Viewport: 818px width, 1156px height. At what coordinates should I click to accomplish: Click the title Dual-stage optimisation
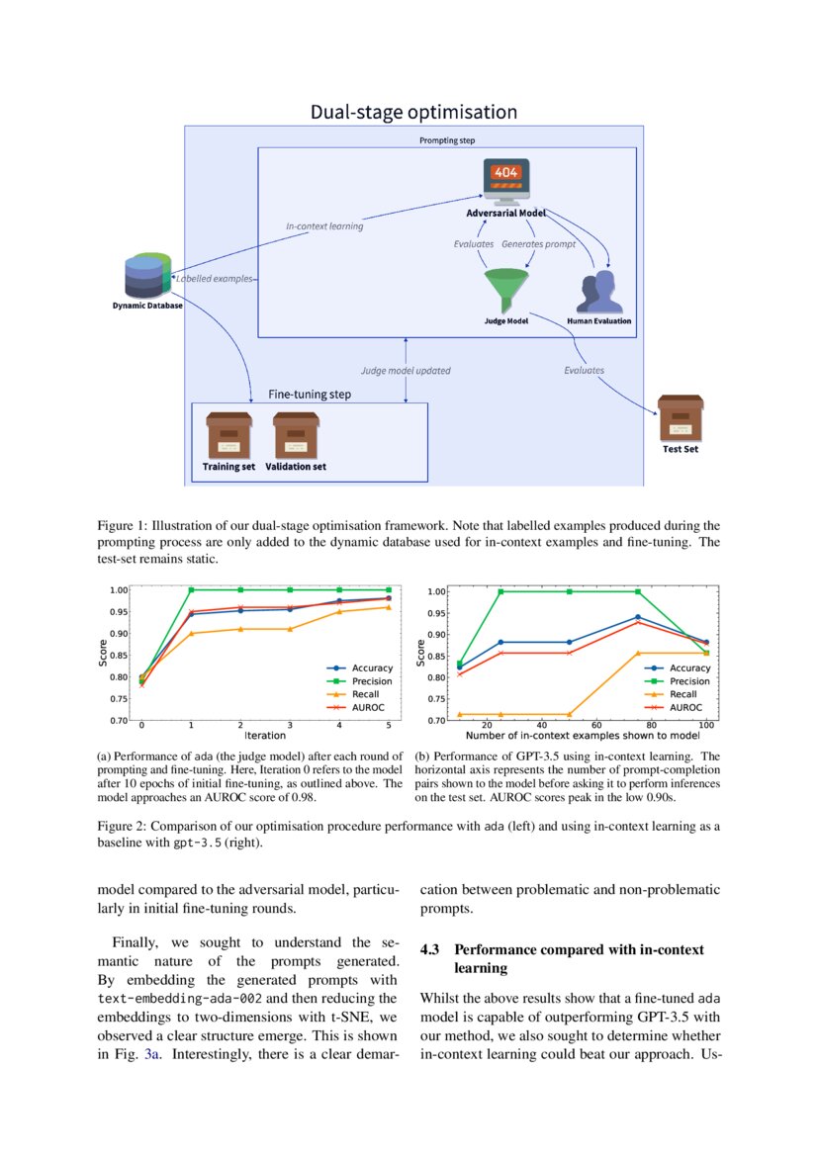[413, 112]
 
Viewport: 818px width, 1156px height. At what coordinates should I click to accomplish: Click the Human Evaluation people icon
[599, 293]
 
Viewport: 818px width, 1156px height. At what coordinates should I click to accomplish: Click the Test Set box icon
[680, 418]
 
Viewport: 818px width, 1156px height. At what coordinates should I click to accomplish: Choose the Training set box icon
[228, 434]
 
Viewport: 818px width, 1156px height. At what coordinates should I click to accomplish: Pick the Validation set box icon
[296, 434]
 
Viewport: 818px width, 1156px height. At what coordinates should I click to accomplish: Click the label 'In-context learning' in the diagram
[324, 226]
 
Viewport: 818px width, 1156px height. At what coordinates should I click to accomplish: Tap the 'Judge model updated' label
[406, 371]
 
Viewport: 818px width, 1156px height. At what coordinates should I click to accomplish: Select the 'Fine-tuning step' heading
[310, 394]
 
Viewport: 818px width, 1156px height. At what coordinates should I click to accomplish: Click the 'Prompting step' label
[447, 140]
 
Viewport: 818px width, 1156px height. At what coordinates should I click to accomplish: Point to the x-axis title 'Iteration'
[264, 736]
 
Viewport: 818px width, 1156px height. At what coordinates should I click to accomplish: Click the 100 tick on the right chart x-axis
[706, 725]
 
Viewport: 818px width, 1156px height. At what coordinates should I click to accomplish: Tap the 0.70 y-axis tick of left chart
[119, 721]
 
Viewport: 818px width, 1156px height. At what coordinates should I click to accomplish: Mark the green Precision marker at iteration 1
[191, 589]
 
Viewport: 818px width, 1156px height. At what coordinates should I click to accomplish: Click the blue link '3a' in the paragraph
[151, 1055]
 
